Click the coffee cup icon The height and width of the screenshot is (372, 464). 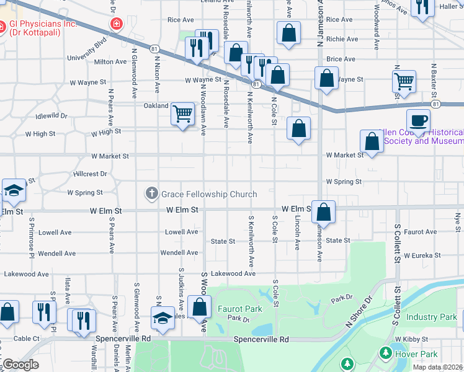coord(417,120)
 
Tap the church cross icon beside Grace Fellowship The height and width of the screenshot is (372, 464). coord(151,194)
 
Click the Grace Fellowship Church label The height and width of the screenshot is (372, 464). coord(209,195)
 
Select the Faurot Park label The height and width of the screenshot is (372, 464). coord(239,308)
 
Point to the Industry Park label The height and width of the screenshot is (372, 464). coord(431,317)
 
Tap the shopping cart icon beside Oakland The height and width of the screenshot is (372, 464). coord(183,114)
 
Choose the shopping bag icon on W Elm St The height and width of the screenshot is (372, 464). coord(324,212)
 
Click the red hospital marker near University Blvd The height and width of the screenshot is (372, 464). coord(115,24)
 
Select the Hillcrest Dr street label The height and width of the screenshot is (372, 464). coord(90,174)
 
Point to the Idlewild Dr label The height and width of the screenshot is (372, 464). coord(51,116)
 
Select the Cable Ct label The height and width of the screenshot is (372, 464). coord(27,339)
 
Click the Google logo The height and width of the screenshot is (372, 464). coord(20,365)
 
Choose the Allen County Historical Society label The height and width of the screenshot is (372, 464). coord(422,136)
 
